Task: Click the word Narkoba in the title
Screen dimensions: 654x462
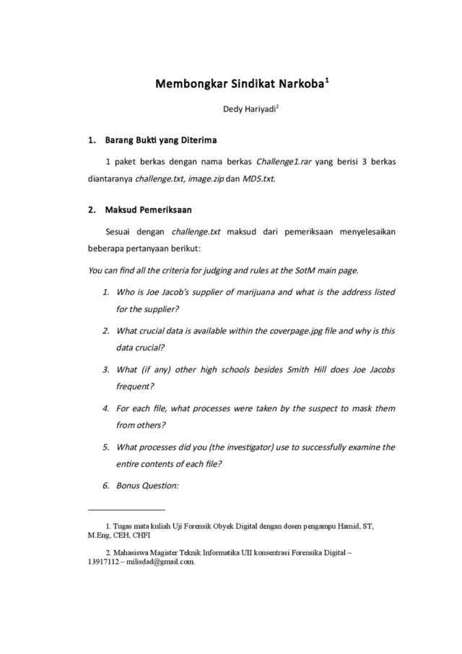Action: pos(297,85)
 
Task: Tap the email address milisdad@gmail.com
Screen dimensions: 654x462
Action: pos(154,562)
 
